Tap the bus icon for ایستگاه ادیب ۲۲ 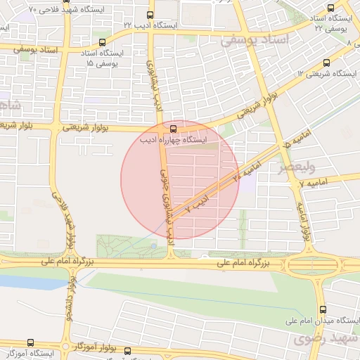(150, 14)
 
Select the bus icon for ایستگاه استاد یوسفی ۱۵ (103, 42)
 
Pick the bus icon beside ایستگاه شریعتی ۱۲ (325, 63)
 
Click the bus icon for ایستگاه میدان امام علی (323, 309)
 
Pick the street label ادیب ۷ (196, 205)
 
